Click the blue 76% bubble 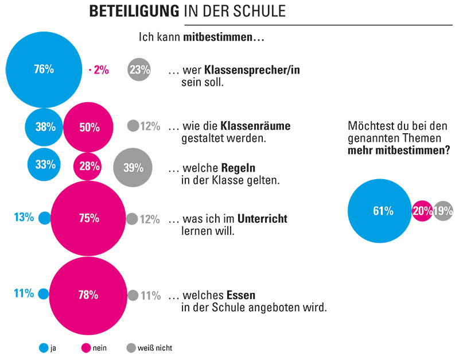coord(44,69)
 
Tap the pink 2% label coord(99,70)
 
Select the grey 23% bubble coord(139,70)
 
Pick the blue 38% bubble coord(44,127)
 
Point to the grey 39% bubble coord(133,167)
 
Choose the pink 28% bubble coord(88,167)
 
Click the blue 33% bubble coord(45,165)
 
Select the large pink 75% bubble coord(88,219)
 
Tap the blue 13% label coord(24,218)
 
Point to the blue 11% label coord(24,293)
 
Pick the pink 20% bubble coord(422,211)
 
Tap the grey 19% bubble coord(442,211)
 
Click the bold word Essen coord(241,296)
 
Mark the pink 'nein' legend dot coord(88,347)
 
